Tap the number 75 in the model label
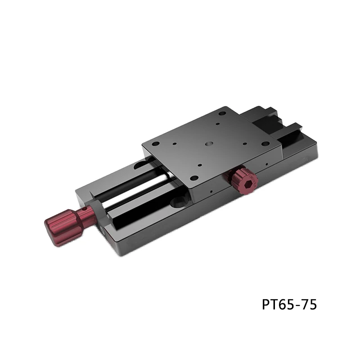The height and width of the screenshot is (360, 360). pyautogui.click(x=308, y=305)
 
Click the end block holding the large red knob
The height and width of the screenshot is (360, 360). pyautogui.click(x=97, y=211)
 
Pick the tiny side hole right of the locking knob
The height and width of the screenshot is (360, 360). pyautogui.click(x=266, y=165)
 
